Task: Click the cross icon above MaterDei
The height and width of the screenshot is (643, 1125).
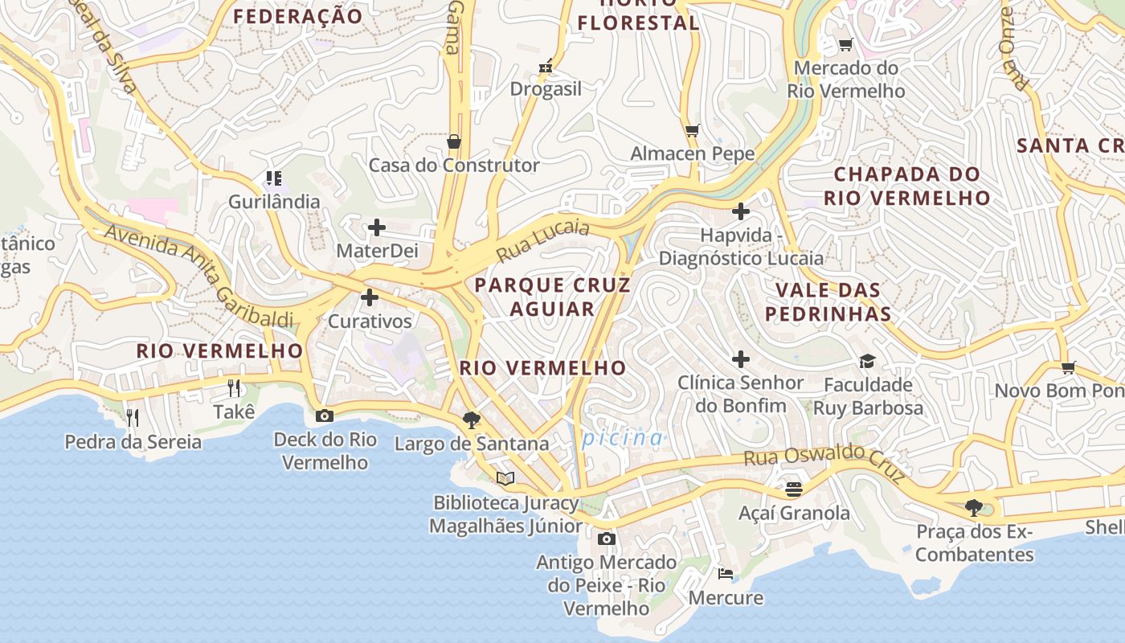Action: click(x=377, y=227)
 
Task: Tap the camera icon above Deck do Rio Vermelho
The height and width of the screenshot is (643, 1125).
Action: click(x=325, y=416)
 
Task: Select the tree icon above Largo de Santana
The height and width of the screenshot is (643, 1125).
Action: click(x=472, y=420)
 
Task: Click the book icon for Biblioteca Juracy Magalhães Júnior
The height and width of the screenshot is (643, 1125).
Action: click(x=505, y=478)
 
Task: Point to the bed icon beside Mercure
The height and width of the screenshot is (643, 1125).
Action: click(x=725, y=573)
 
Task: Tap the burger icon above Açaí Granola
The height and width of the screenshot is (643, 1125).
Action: click(x=794, y=489)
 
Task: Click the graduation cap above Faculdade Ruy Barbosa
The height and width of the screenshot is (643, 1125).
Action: click(x=866, y=361)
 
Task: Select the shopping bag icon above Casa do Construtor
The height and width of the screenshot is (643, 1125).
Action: click(x=454, y=142)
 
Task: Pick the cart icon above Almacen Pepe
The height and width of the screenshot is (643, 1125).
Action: click(x=692, y=130)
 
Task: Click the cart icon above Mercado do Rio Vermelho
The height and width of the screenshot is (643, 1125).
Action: click(x=845, y=44)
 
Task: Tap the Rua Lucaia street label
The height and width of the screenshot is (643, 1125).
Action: click(x=542, y=240)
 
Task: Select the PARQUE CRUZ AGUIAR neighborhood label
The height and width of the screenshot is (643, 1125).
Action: click(x=552, y=297)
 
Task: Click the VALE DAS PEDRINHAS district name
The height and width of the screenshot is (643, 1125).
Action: click(x=828, y=301)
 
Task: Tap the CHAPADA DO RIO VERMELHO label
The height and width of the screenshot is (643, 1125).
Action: click(x=906, y=186)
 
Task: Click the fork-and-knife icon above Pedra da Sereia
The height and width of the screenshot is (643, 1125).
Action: click(x=133, y=417)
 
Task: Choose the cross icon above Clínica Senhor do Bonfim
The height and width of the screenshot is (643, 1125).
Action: click(x=741, y=359)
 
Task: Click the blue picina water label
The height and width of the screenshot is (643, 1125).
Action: click(x=623, y=438)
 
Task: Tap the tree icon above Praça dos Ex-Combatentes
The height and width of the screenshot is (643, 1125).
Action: click(x=974, y=507)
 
